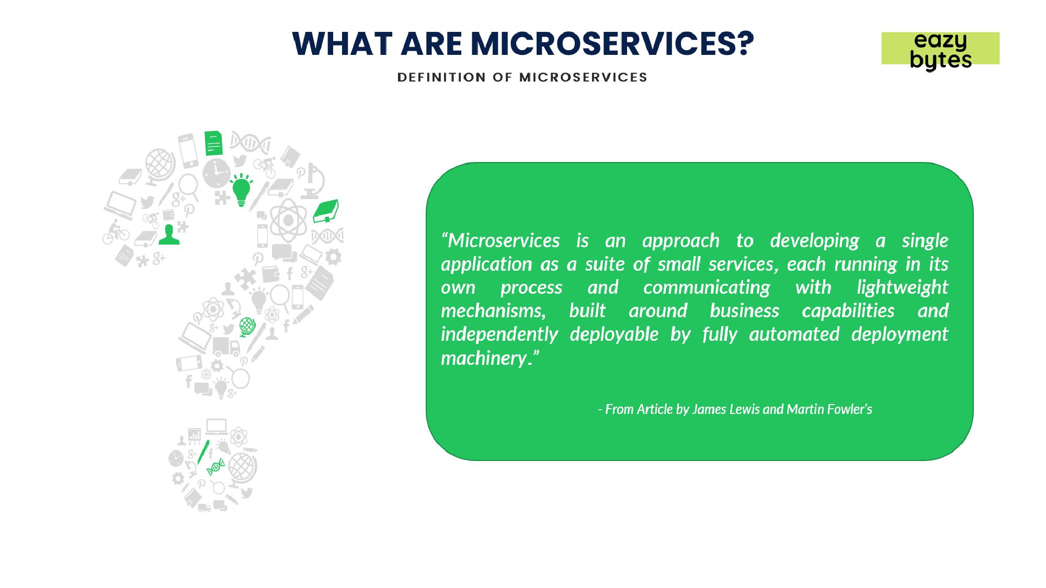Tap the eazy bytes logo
click(940, 50)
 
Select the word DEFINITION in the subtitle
click(441, 77)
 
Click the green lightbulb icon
click(241, 190)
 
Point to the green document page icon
click(213, 143)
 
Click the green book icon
click(326, 211)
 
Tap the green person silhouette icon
click(169, 235)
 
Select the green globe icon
click(247, 327)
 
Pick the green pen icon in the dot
click(203, 452)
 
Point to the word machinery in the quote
click(484, 359)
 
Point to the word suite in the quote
click(605, 264)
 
